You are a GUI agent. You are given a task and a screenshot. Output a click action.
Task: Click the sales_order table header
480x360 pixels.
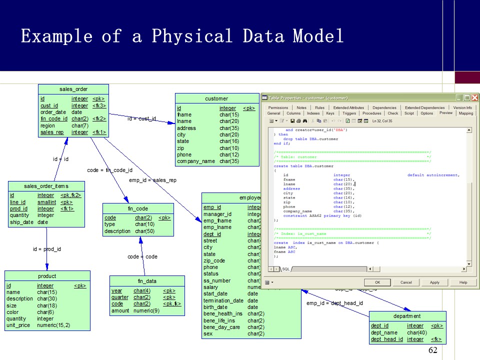coord(73,89)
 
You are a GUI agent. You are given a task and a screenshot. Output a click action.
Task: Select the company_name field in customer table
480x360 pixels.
coord(195,161)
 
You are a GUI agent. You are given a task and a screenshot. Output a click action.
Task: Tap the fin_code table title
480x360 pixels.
coord(138,208)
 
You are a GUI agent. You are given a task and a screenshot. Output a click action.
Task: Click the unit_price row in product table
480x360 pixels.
coord(18,325)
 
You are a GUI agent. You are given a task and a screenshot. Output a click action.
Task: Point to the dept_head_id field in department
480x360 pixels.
coord(386,339)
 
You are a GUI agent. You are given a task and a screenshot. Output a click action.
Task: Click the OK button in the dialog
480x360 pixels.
coord(377,282)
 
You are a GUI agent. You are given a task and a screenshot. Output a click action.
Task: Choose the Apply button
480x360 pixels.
coord(434,282)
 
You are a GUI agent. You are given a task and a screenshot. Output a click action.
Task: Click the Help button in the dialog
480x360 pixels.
coord(463,282)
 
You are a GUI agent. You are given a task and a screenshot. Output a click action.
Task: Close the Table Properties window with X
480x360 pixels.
coord(474,98)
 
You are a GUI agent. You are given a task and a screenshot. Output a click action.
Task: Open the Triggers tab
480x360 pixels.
coord(349,113)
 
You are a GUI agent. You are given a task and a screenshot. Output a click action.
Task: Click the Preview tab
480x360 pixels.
coord(445,113)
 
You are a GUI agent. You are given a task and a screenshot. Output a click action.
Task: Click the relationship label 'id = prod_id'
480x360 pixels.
coord(47,249)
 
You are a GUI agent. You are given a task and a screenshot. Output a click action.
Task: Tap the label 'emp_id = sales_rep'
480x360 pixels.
coord(152,180)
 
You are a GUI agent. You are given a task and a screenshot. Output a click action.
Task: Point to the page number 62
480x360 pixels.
coord(433,350)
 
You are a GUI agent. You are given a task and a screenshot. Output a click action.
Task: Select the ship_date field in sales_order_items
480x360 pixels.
coord(21,222)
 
